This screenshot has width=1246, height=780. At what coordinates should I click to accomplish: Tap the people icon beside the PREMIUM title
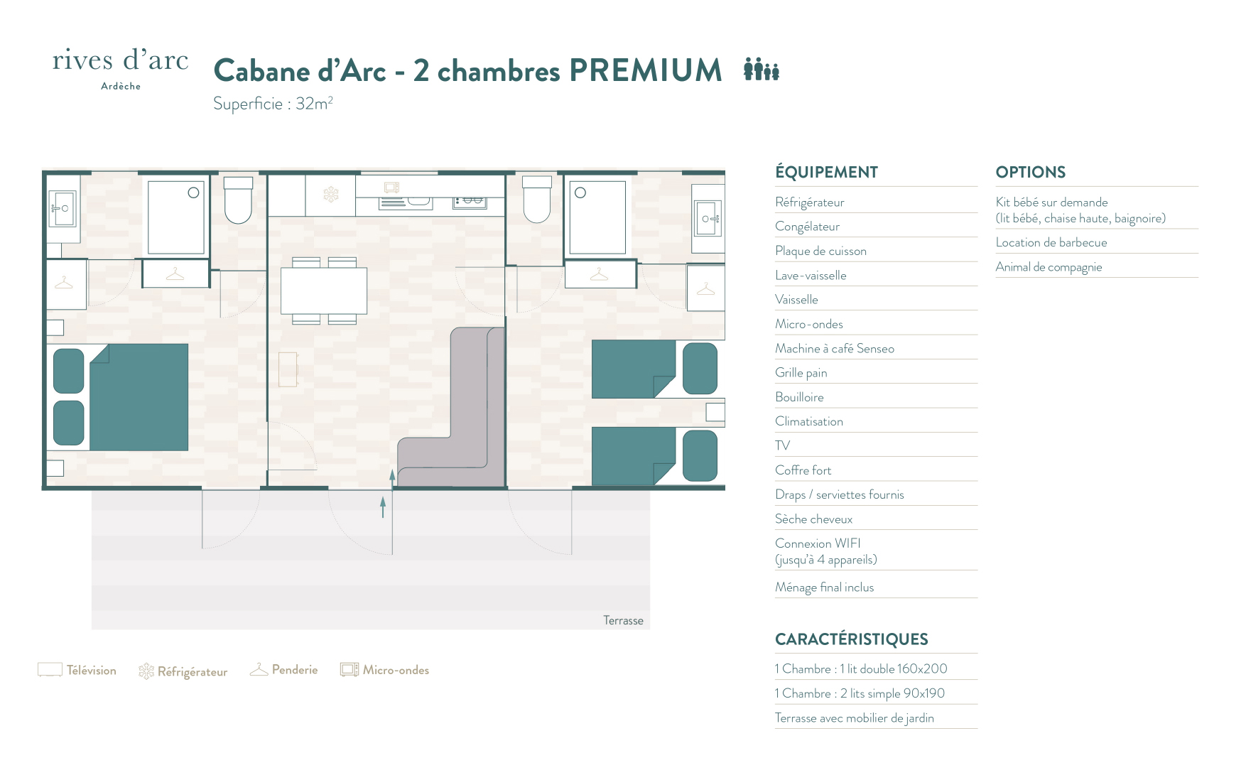coord(762,70)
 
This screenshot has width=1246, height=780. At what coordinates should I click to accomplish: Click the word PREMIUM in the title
coord(646,70)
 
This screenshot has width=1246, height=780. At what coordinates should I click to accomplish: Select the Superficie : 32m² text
coord(273,104)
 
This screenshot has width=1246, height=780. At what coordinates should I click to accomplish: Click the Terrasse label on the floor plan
coord(623,620)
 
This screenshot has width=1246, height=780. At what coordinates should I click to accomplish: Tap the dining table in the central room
coord(324,291)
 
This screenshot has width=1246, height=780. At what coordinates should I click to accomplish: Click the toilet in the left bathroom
coord(238,200)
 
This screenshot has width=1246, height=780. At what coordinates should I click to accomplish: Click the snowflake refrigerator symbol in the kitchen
coord(331,194)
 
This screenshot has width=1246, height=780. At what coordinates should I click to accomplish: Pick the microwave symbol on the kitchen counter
coord(392,188)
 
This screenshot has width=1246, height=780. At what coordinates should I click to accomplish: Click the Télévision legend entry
coord(77,670)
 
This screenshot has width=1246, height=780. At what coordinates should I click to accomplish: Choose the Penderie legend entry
coord(283,670)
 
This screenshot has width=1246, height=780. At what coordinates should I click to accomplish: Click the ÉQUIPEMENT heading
coord(826,172)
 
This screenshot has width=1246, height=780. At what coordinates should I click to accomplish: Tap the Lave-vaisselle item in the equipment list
coord(811,275)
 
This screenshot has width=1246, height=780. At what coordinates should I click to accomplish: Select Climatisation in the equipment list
coord(809,421)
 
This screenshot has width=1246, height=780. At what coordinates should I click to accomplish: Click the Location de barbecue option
coord(1051,242)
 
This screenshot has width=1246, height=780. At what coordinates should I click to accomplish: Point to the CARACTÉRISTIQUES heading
coord(852,639)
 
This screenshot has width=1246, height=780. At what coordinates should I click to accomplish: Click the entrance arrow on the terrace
coord(383,507)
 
